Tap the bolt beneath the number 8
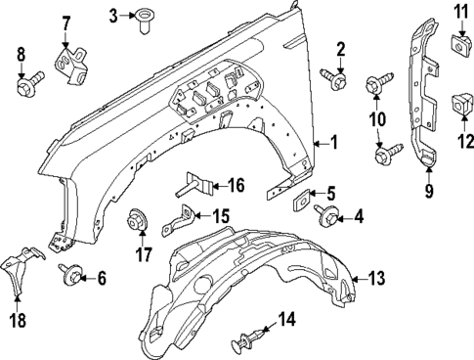(24, 87)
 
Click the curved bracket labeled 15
(182, 221)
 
